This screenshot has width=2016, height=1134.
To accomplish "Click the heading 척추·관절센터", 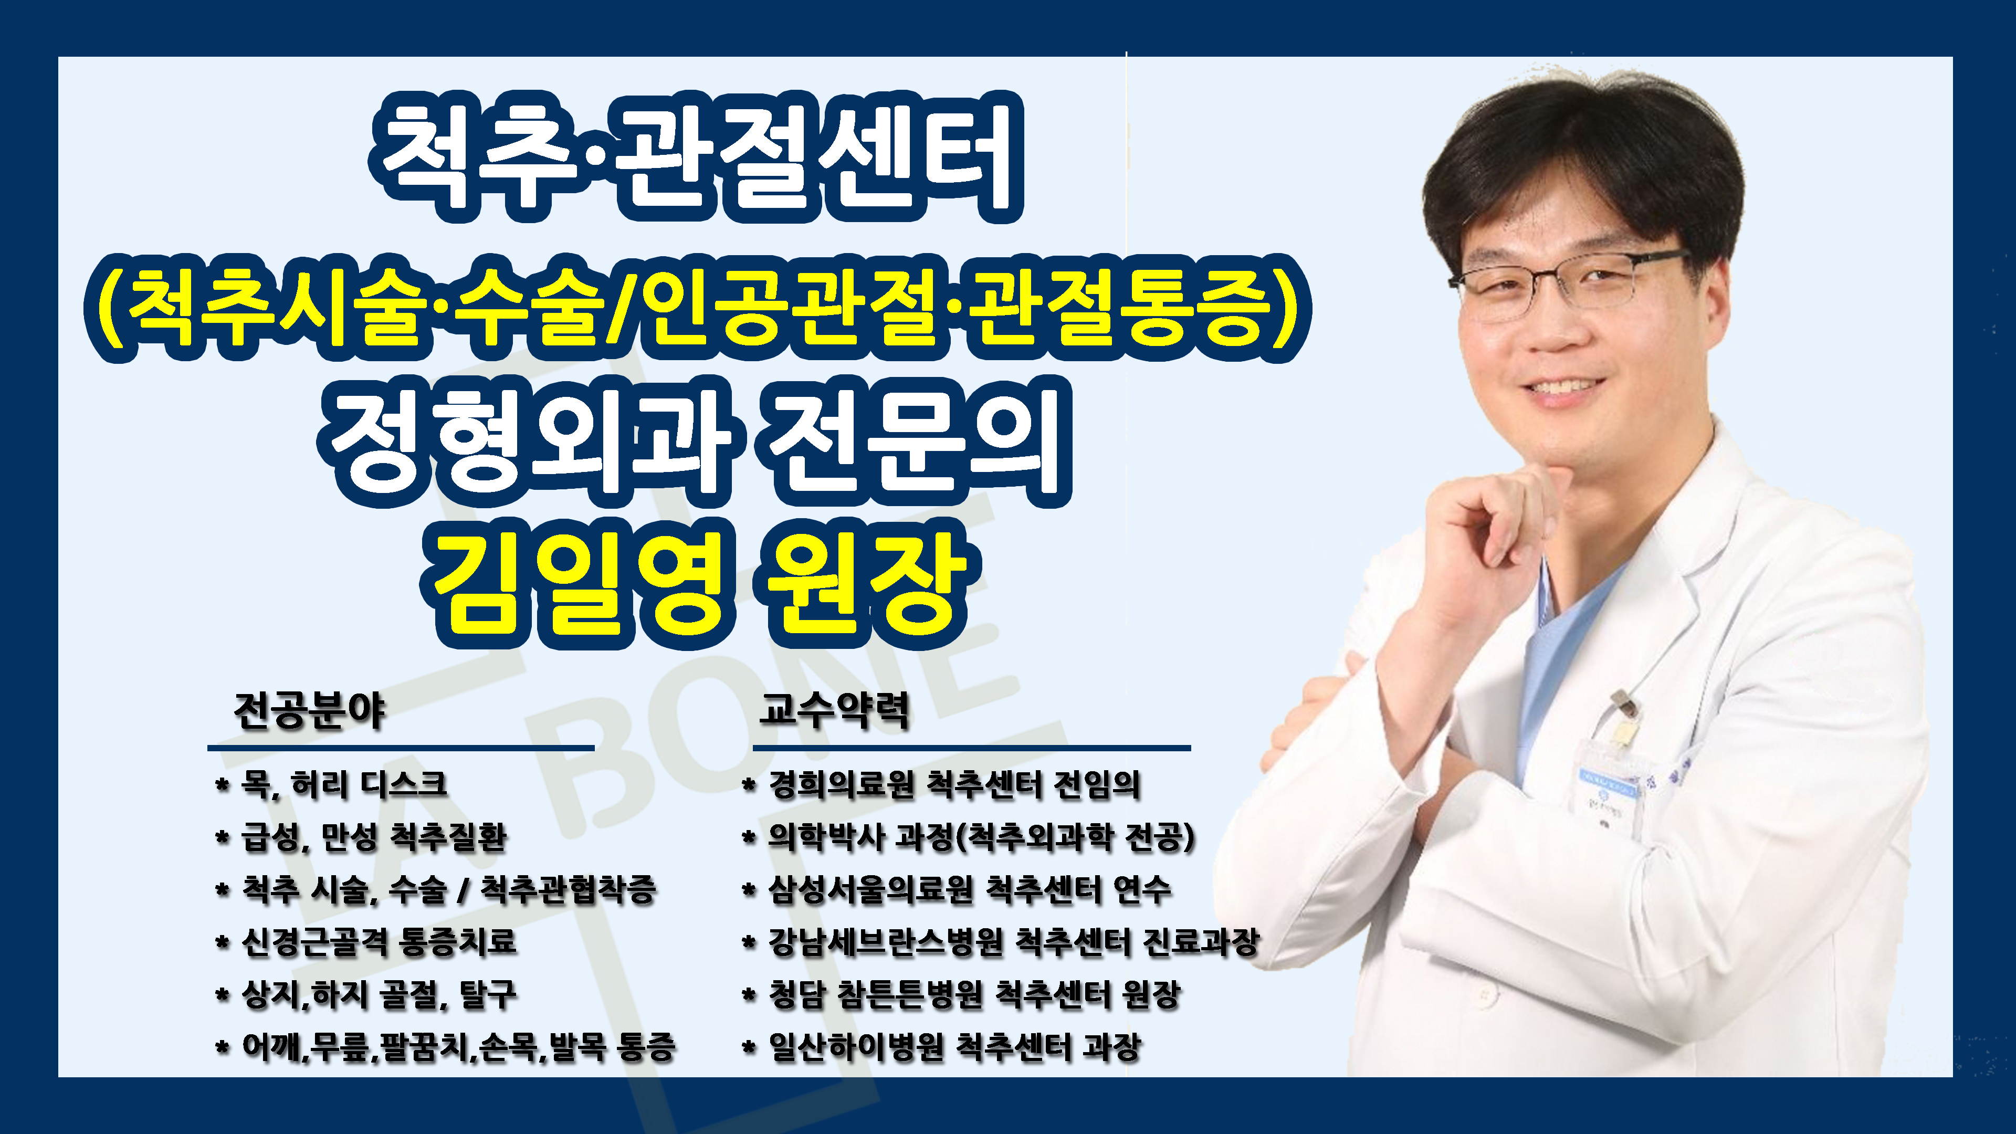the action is point(696,156).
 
